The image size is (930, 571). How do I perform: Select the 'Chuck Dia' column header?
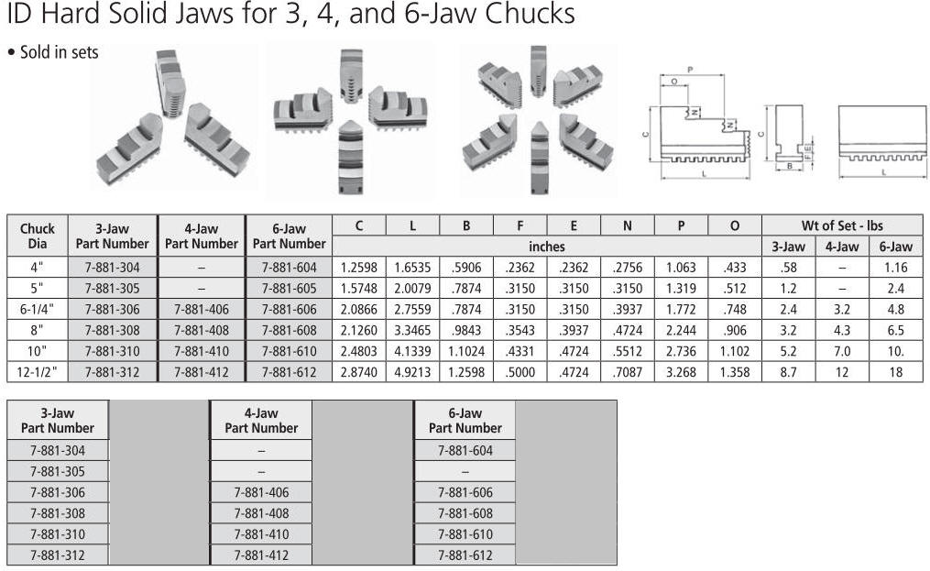[37, 236]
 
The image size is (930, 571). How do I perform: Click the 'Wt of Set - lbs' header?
[842, 225]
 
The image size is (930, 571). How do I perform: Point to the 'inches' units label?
[546, 247]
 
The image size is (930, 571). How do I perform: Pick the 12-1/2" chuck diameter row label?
[37, 372]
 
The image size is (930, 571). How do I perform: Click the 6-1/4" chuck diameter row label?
[37, 309]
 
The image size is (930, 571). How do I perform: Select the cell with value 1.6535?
[412, 267]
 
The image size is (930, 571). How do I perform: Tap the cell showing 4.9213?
[412, 372]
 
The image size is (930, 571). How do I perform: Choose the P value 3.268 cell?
[681, 372]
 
